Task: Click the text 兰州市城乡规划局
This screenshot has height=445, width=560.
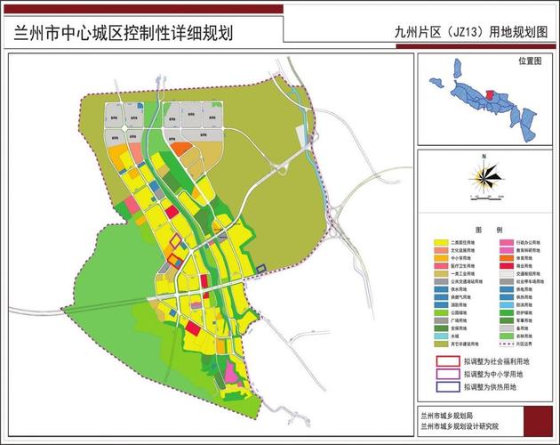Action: [454, 415]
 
